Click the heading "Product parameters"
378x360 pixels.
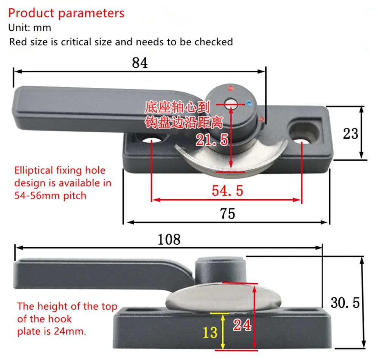(66, 13)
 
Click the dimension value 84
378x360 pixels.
(140, 63)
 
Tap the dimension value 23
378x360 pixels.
(350, 133)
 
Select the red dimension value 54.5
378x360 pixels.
(227, 191)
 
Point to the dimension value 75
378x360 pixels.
(227, 213)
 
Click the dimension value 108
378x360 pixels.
(169, 239)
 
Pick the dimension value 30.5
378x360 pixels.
(345, 303)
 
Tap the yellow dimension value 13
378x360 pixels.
(210, 332)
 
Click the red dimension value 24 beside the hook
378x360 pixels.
(242, 325)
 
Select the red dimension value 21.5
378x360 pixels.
(212, 140)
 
